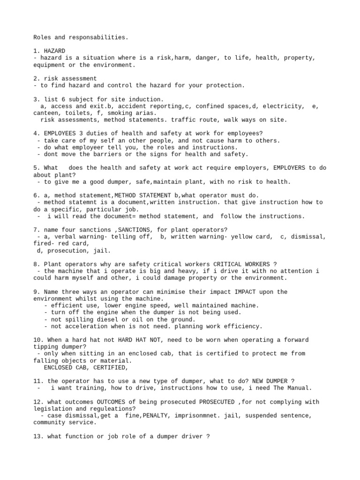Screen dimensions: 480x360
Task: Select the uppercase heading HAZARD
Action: [x=53, y=51]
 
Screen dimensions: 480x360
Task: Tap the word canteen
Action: [x=45, y=113]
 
